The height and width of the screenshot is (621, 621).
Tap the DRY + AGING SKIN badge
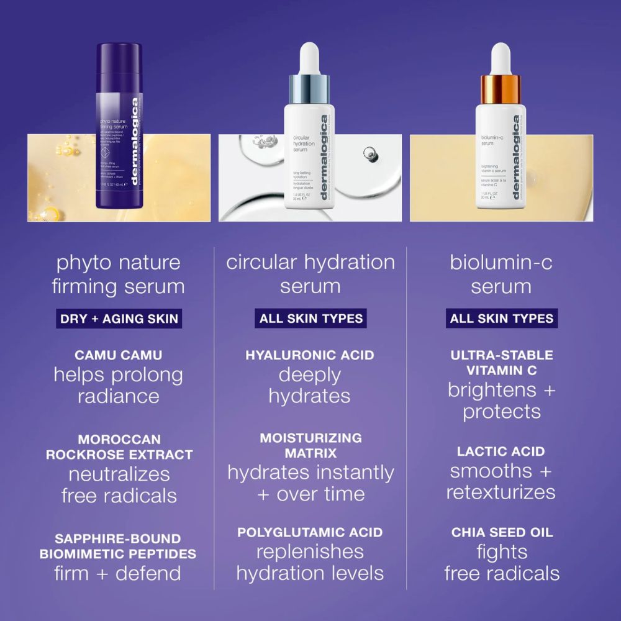119,319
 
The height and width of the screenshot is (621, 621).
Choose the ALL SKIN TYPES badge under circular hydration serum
310,319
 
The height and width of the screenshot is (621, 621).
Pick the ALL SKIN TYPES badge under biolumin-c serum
501,319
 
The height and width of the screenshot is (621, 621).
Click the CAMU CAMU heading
119,355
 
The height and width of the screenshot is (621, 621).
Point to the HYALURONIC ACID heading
310,355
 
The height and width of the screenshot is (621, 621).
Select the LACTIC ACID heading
501,451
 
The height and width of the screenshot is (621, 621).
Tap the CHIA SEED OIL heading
502,532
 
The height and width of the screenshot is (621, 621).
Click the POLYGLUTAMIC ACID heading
310,532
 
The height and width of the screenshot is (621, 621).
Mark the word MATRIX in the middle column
310,452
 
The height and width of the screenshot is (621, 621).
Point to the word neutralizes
119,474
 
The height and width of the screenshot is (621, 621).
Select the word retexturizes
501,493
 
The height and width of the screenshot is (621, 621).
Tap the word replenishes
310,552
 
